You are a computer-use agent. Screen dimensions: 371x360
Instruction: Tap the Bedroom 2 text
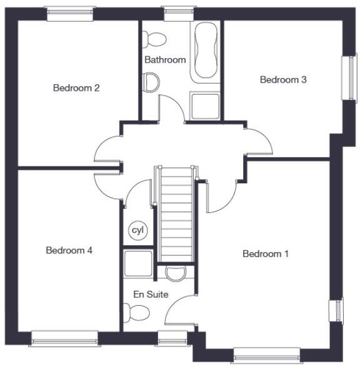[76, 88]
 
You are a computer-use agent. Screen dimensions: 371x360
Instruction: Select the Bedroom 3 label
[283, 79]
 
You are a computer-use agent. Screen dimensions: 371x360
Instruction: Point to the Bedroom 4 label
[69, 250]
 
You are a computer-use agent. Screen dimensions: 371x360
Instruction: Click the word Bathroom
[165, 60]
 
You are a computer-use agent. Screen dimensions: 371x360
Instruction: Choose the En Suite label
[151, 294]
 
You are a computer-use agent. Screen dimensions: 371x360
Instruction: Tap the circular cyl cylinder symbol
[137, 231]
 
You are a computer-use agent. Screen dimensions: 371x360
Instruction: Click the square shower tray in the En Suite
[137, 263]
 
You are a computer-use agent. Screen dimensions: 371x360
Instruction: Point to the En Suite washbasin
[176, 272]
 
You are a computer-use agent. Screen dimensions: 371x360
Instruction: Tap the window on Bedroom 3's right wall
[346, 78]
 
